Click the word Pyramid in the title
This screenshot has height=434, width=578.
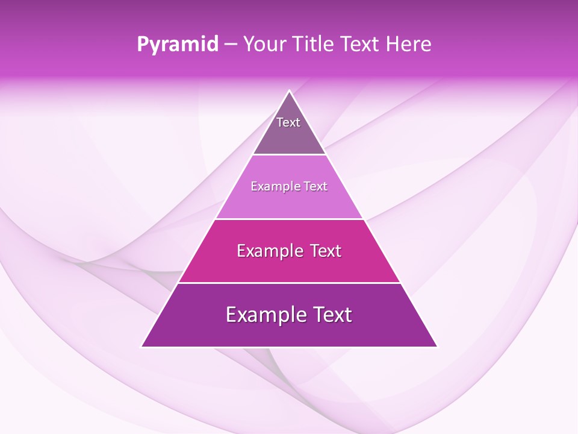pyautogui.click(x=178, y=45)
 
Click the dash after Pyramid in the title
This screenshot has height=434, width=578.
pyautogui.click(x=231, y=45)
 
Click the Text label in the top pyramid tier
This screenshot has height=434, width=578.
pyautogui.click(x=288, y=122)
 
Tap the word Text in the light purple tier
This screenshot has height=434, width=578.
pyautogui.click(x=314, y=186)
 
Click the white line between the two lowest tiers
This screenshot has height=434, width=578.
pyautogui.click(x=289, y=283)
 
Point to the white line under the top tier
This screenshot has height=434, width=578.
pyautogui.click(x=289, y=154)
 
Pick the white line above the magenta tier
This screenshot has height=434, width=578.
pyautogui.click(x=289, y=219)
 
